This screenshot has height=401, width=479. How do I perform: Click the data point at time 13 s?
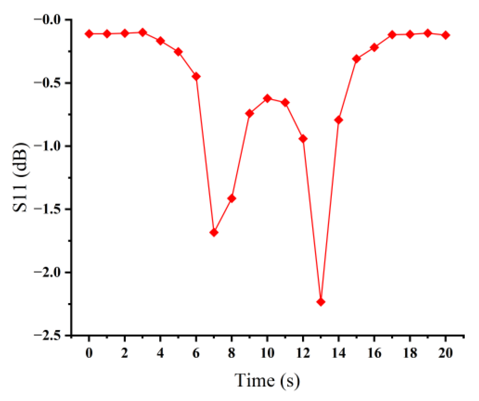(320, 302)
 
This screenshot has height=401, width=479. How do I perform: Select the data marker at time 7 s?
(214, 232)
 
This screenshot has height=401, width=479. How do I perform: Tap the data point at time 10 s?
(267, 99)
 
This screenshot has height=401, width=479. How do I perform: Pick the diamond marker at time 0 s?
(89, 34)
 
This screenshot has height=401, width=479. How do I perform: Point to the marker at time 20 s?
(445, 35)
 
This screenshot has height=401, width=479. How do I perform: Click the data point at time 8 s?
(232, 198)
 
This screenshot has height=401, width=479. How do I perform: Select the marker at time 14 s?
(338, 120)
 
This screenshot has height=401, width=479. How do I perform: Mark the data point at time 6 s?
(196, 76)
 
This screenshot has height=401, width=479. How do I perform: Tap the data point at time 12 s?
(303, 139)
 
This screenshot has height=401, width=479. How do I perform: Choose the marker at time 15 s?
(356, 59)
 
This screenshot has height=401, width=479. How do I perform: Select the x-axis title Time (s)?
(267, 380)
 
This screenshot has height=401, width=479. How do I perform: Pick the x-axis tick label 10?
(267, 353)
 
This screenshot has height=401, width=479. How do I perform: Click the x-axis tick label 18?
(410, 353)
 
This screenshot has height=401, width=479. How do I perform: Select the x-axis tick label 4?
(160, 353)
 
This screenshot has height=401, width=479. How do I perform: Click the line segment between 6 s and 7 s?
(205, 155)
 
